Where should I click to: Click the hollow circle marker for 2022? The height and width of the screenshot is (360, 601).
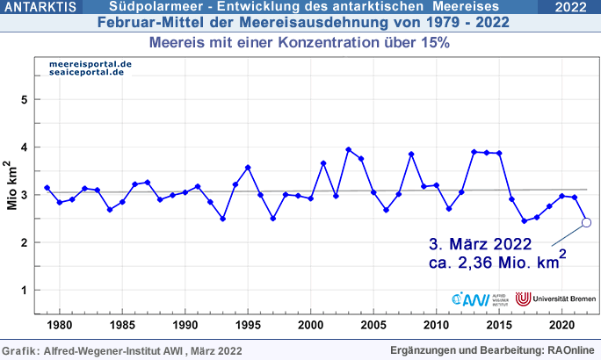pos(587,222)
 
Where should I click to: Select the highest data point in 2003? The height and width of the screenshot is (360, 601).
pos(349,149)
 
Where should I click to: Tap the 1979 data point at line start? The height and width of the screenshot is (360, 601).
pos(47,188)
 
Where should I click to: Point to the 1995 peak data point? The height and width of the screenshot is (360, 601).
pos(248,167)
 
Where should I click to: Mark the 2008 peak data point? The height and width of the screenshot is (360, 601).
pos(411,155)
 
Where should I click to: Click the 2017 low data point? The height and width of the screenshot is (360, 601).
pos(525,221)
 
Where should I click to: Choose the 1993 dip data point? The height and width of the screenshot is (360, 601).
pos(223,219)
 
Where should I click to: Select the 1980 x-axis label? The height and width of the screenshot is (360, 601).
pos(60,325)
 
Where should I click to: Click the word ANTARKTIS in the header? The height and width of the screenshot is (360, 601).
pos(39,8)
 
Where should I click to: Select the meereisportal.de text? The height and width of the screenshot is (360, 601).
pos(91,64)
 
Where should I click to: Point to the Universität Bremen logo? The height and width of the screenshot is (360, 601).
pos(551,299)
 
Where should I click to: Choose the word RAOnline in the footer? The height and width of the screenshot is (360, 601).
pos(571,350)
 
